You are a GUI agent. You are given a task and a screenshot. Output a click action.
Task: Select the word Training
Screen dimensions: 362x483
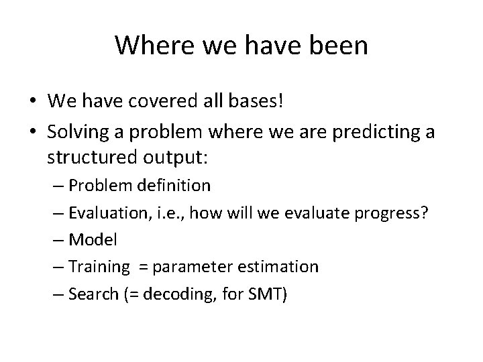99,267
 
